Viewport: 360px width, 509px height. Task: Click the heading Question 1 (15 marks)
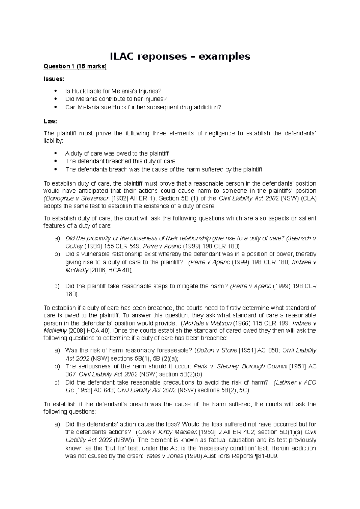click(75, 67)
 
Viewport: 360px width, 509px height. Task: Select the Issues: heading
click(54, 79)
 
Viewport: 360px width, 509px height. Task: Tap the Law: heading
click(50, 121)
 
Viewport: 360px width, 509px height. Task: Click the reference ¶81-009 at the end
click(266, 457)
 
